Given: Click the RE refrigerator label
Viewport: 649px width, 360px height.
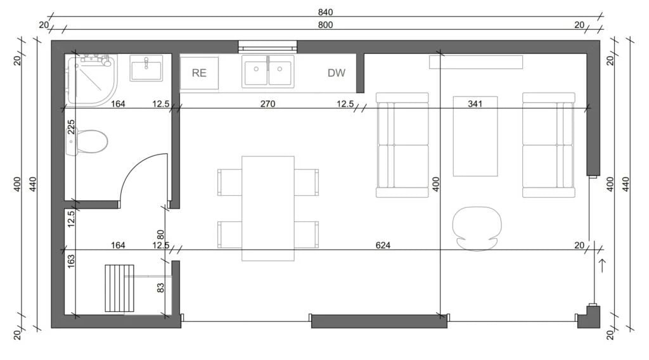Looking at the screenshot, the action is pyautogui.click(x=199, y=73).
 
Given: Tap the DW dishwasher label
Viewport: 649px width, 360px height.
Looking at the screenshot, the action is pyautogui.click(x=336, y=73).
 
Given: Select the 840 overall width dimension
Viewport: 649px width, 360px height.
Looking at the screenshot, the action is pyautogui.click(x=325, y=13).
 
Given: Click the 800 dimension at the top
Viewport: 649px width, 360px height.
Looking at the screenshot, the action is pyautogui.click(x=325, y=25).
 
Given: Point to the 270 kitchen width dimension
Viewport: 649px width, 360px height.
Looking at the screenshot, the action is pyautogui.click(x=268, y=103).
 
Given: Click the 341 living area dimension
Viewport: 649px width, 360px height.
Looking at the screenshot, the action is pyautogui.click(x=475, y=103).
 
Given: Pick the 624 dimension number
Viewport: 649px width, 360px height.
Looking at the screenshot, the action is pyautogui.click(x=383, y=245).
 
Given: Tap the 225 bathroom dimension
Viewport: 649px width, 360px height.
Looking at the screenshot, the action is pyautogui.click(x=71, y=127).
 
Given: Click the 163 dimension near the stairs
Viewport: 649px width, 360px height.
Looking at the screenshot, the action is pyautogui.click(x=71, y=261).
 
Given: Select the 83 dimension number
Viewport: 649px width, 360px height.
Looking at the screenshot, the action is pyautogui.click(x=161, y=287).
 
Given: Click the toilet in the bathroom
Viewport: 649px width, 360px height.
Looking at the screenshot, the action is pyautogui.click(x=87, y=141).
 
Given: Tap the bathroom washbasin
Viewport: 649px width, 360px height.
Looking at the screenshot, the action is pyautogui.click(x=146, y=68).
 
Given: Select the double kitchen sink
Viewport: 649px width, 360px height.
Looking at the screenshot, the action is pyautogui.click(x=268, y=72).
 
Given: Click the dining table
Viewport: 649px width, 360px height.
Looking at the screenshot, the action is pyautogui.click(x=268, y=208).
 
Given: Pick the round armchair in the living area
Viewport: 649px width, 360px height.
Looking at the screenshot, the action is pyautogui.click(x=477, y=228).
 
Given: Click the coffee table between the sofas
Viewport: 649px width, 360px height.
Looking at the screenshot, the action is pyautogui.click(x=475, y=136).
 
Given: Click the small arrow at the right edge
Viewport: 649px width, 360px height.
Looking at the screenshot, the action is pyautogui.click(x=602, y=265).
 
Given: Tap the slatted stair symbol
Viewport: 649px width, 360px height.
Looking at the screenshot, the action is pyautogui.click(x=120, y=288).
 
